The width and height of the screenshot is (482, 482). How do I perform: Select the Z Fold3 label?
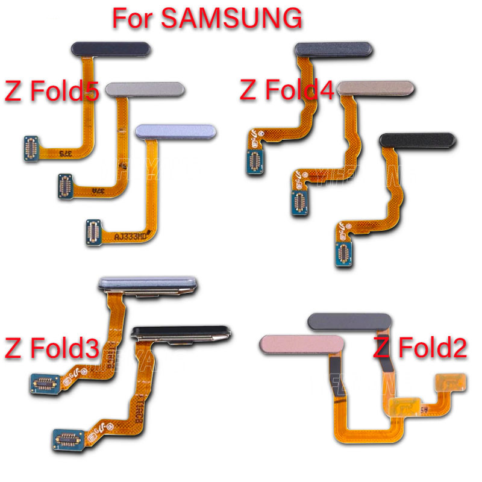click(51, 348)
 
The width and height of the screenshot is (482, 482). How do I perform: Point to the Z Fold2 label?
click(421, 348)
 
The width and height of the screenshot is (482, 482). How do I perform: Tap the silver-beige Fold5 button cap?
click(145, 89)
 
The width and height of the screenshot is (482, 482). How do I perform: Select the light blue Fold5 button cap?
click(177, 132)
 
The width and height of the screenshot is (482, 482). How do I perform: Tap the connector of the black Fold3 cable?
click(67, 436)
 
